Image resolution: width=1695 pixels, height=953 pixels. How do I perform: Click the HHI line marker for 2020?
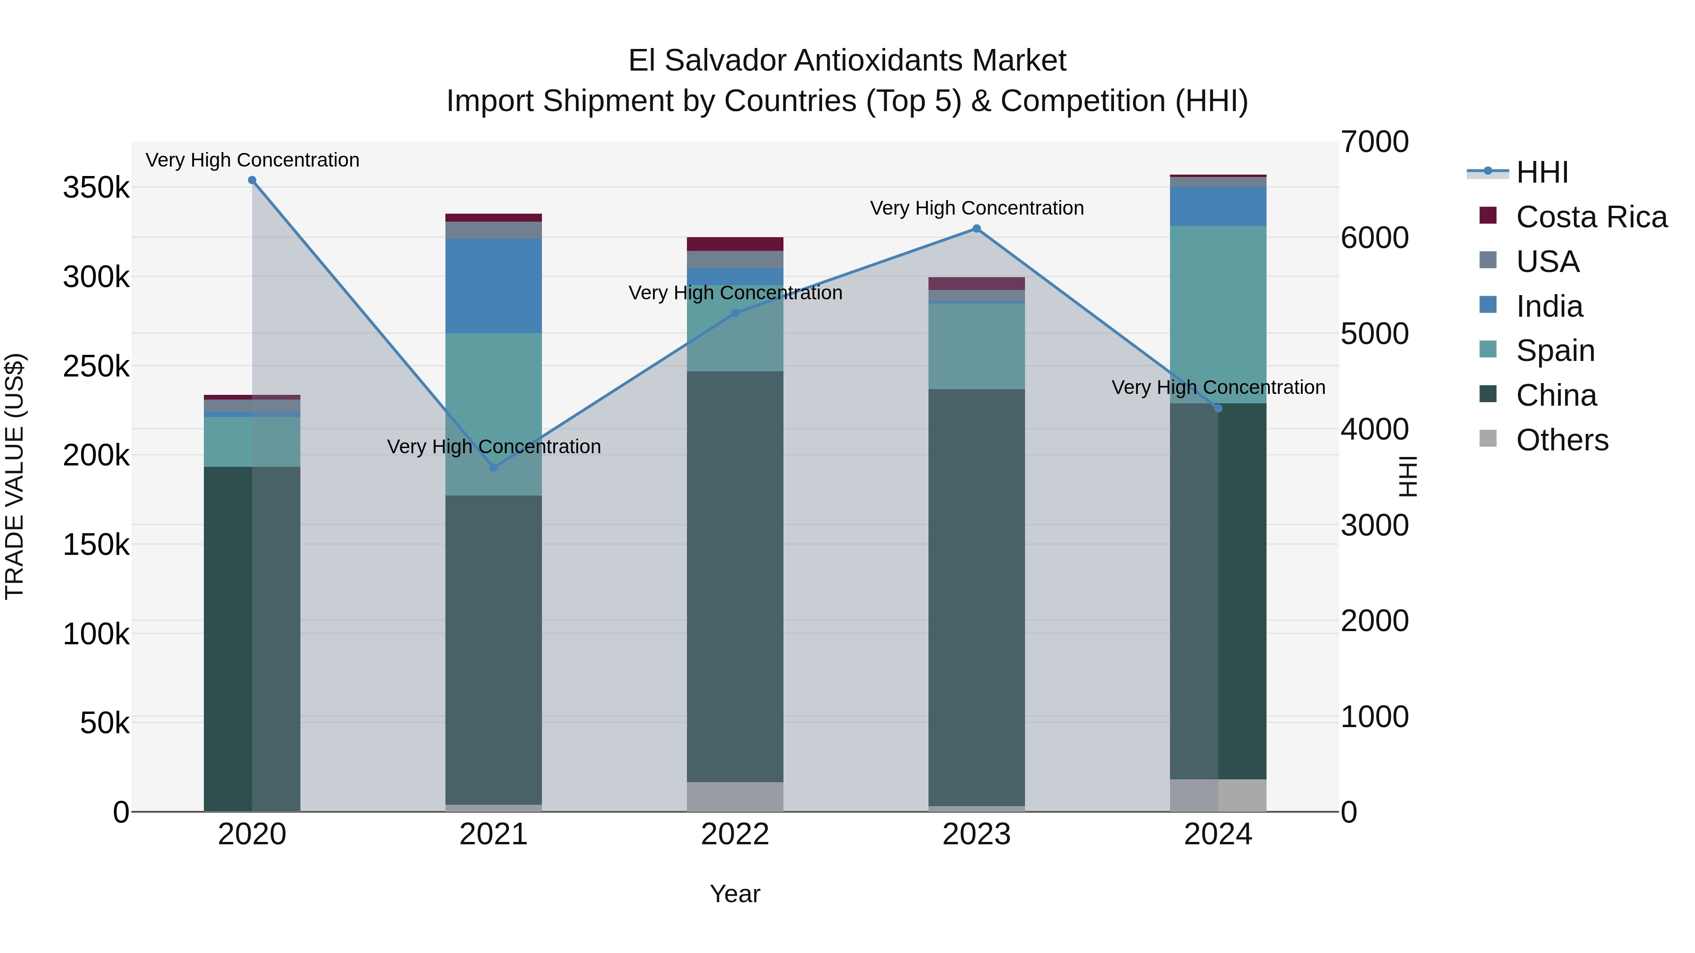tap(252, 180)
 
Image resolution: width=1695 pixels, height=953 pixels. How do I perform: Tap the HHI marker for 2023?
tap(977, 229)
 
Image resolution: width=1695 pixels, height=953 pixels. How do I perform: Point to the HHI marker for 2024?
tap(1218, 408)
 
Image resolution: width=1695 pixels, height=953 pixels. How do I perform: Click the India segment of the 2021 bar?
tap(493, 286)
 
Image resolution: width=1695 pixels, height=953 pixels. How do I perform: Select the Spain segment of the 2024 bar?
tap(1218, 314)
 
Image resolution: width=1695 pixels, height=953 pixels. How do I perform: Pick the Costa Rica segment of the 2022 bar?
tap(735, 244)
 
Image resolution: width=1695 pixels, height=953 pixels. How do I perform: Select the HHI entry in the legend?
tap(1542, 172)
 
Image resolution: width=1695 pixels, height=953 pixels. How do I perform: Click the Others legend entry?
tap(1561, 440)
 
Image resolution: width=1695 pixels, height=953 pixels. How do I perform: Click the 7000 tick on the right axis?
tap(1374, 142)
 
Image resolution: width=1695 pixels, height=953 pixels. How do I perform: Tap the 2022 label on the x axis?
tap(735, 834)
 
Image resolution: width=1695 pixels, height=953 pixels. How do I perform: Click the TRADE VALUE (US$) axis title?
tap(15, 476)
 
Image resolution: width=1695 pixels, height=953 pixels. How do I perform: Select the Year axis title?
tap(735, 894)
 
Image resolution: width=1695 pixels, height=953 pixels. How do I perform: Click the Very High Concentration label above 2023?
tap(977, 208)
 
